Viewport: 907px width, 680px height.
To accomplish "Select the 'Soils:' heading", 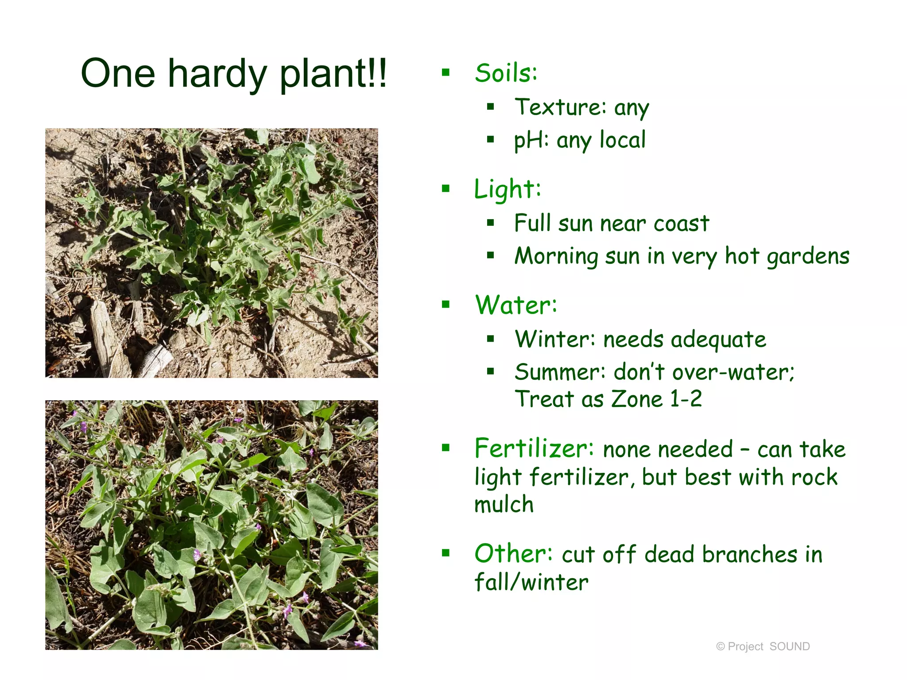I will click(506, 73).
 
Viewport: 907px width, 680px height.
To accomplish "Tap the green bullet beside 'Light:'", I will click(446, 189).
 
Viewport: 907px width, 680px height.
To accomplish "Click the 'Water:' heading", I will click(516, 305).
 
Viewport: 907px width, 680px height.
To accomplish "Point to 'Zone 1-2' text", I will click(656, 399).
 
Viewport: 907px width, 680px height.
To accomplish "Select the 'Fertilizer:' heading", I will click(534, 448).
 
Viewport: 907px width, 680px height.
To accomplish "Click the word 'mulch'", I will click(504, 505).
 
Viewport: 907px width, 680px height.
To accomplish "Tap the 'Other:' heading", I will click(513, 553).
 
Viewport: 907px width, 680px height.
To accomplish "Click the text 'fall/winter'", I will click(531, 582).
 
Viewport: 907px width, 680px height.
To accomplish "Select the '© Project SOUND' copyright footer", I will click(763, 646).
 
